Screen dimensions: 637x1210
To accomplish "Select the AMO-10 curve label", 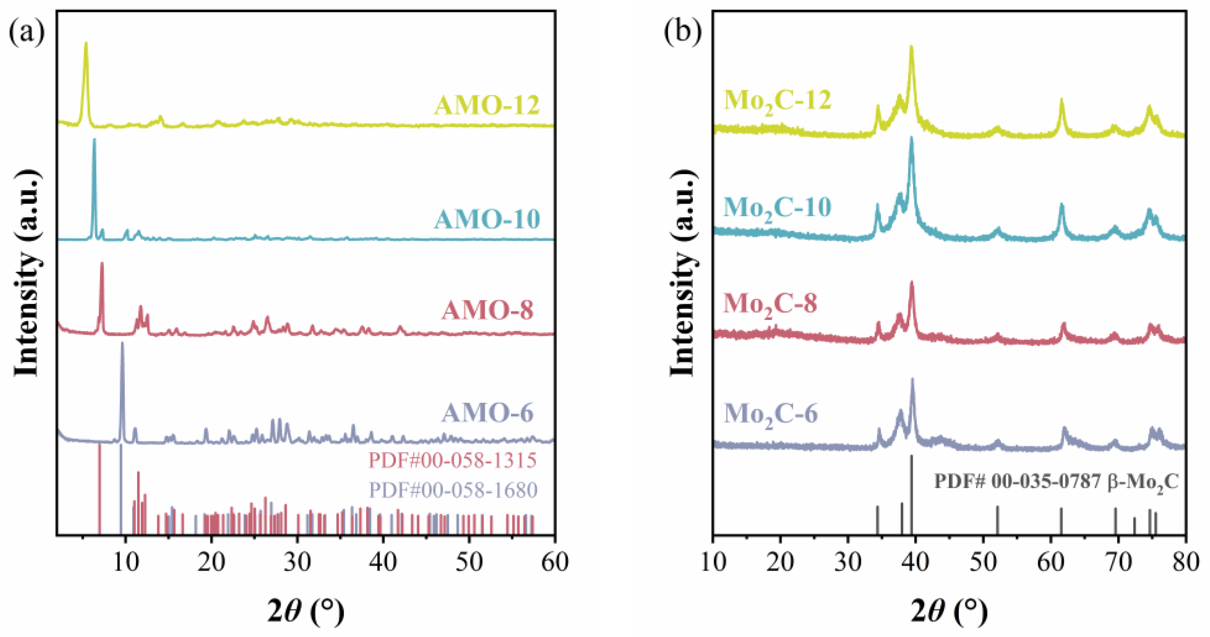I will point(487,219).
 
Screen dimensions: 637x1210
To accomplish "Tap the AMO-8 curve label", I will point(488,310).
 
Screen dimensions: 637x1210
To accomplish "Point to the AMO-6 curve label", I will point(488,413).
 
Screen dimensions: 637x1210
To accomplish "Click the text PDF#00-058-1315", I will point(452,460).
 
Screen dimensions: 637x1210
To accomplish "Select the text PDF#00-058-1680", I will point(453,490).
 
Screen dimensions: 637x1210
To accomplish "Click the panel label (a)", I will point(27,32).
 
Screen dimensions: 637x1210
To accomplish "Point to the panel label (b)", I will point(682,32).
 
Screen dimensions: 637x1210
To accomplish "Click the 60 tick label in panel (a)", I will point(555,562).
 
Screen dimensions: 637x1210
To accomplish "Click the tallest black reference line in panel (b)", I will point(912,493).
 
